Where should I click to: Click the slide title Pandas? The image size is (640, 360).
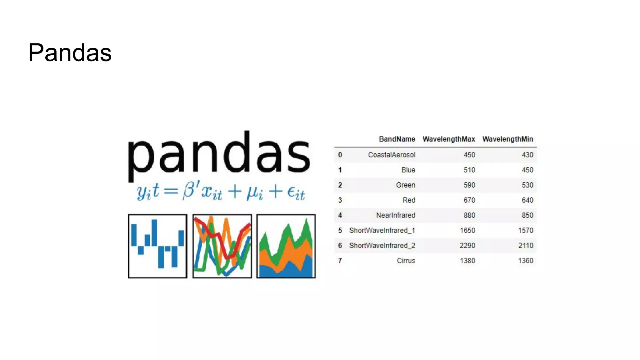(70, 53)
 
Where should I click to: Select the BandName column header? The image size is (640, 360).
(397, 139)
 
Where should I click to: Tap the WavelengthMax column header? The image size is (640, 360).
(449, 139)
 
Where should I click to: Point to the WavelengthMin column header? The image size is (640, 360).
(507, 139)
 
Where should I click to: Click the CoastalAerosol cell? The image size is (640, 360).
(392, 155)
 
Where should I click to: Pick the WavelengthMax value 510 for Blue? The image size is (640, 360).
(469, 170)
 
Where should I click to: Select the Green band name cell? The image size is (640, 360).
(405, 185)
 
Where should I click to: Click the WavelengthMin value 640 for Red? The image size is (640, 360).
(527, 200)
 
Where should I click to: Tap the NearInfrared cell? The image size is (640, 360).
(395, 215)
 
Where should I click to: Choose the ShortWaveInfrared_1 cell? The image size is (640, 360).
(382, 230)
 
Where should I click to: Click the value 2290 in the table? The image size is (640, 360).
(467, 246)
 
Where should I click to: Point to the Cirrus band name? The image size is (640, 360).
(406, 261)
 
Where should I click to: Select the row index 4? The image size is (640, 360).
(340, 215)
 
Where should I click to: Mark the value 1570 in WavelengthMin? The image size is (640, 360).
(525, 230)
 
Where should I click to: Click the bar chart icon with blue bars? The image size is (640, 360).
(157, 246)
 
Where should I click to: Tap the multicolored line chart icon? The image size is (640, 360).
(222, 246)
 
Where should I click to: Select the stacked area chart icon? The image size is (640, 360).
(286, 246)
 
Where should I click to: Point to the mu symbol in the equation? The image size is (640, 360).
(252, 192)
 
